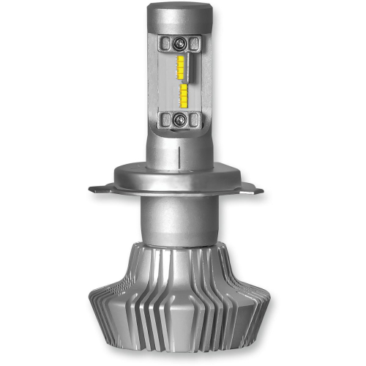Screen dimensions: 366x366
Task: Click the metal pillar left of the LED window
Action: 155,81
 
